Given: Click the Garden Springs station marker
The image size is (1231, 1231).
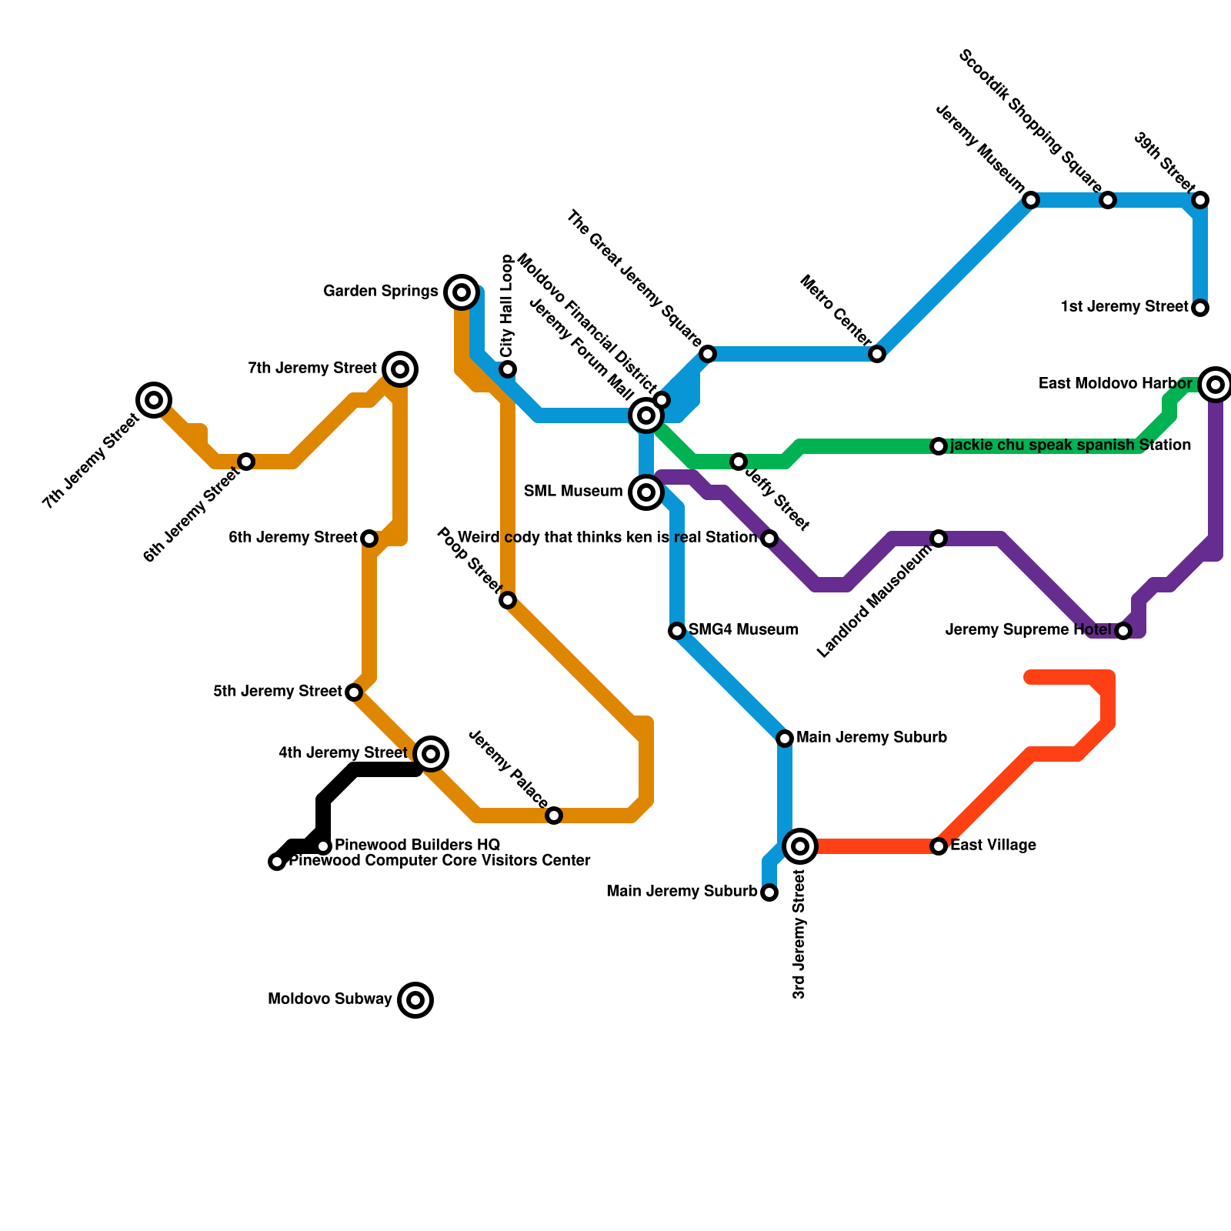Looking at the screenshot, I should click(462, 292).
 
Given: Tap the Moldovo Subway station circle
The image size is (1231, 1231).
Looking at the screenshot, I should click(415, 1000).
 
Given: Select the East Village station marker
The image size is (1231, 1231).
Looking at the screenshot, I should click(939, 846).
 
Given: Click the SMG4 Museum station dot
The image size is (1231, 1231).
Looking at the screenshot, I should click(677, 631).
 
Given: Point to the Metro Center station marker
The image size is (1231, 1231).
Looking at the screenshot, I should click(877, 354).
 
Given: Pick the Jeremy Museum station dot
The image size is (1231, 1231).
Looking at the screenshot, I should click(1031, 200).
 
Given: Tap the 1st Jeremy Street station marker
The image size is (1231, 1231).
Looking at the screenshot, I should click(1200, 308).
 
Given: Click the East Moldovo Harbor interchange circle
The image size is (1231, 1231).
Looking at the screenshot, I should click(1216, 384).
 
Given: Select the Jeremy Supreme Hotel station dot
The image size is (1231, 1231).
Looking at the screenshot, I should click(1123, 631).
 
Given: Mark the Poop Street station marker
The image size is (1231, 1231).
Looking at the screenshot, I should click(508, 600).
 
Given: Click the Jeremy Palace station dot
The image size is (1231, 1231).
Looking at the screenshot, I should click(554, 816).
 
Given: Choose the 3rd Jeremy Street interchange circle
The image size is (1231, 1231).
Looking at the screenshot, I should click(800, 846).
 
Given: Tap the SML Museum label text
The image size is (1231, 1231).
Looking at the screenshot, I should click(573, 492).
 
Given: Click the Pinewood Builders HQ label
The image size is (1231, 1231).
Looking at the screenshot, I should click(418, 845).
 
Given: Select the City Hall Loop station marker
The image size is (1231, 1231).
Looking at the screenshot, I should click(508, 369).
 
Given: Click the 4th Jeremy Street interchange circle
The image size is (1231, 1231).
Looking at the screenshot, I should click(432, 753).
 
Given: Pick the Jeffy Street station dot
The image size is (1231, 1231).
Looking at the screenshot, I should click(739, 462).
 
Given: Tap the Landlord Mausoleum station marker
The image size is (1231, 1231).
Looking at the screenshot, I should click(939, 539).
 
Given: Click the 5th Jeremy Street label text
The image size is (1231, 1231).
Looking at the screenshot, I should click(277, 692).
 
